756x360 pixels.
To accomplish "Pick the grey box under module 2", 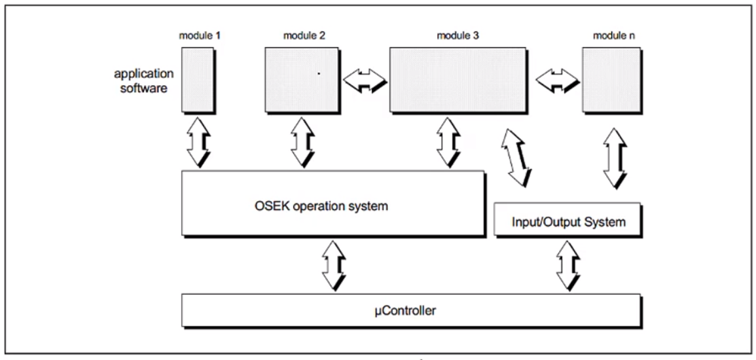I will click(301, 79).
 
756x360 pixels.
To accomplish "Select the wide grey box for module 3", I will click(459, 79).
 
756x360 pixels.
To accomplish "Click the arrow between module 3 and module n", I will click(557, 81).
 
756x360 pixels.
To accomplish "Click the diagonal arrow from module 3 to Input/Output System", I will click(516, 156).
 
